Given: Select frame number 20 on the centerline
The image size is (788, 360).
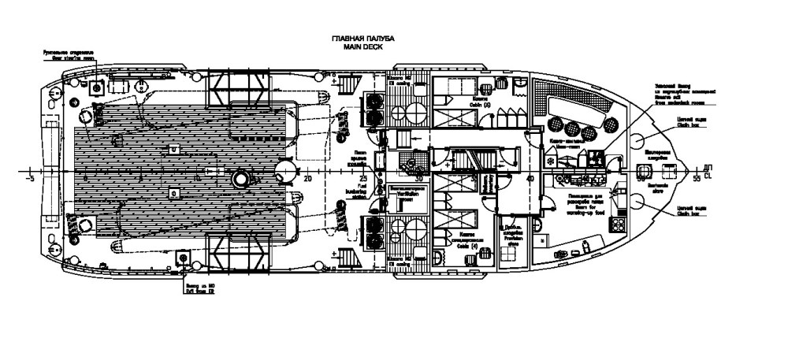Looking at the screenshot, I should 309,179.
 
